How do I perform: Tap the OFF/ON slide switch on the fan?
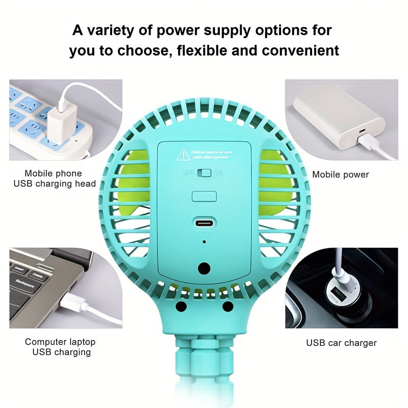click(204, 173)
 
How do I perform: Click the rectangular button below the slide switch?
click(204, 196)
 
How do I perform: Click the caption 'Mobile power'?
click(340, 175)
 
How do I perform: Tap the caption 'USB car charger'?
click(341, 343)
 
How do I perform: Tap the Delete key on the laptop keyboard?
click(37, 274)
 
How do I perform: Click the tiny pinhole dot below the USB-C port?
click(204, 242)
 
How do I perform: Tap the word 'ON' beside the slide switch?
click(219, 173)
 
